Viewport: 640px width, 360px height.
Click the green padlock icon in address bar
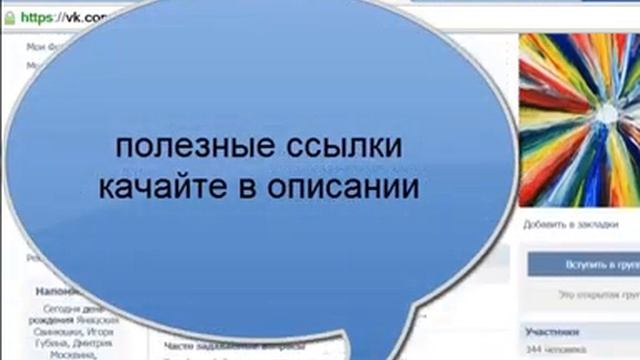[x=9, y=17]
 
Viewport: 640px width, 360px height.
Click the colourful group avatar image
[x=580, y=120]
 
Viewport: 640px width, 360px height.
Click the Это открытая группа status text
[x=597, y=296]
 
